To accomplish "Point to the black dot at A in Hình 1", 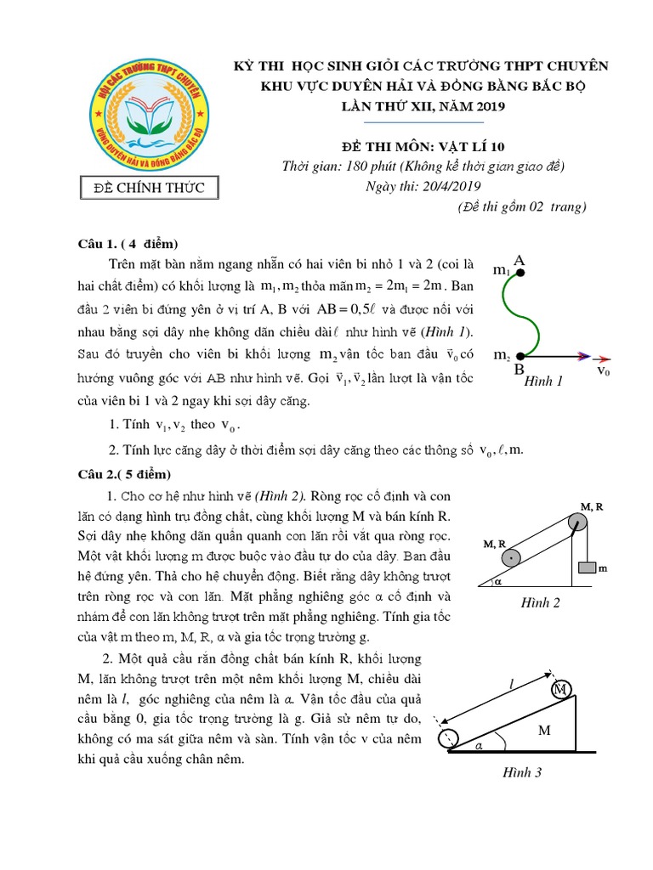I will tap(520, 273).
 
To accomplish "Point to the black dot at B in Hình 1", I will tap(520, 356).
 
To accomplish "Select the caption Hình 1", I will tap(544, 381).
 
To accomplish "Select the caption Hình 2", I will tap(542, 604).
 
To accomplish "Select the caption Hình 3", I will tap(521, 772).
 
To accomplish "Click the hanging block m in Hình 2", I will tap(587, 568).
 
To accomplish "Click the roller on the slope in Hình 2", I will tap(510, 557).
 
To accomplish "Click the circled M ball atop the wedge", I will tap(561, 690).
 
